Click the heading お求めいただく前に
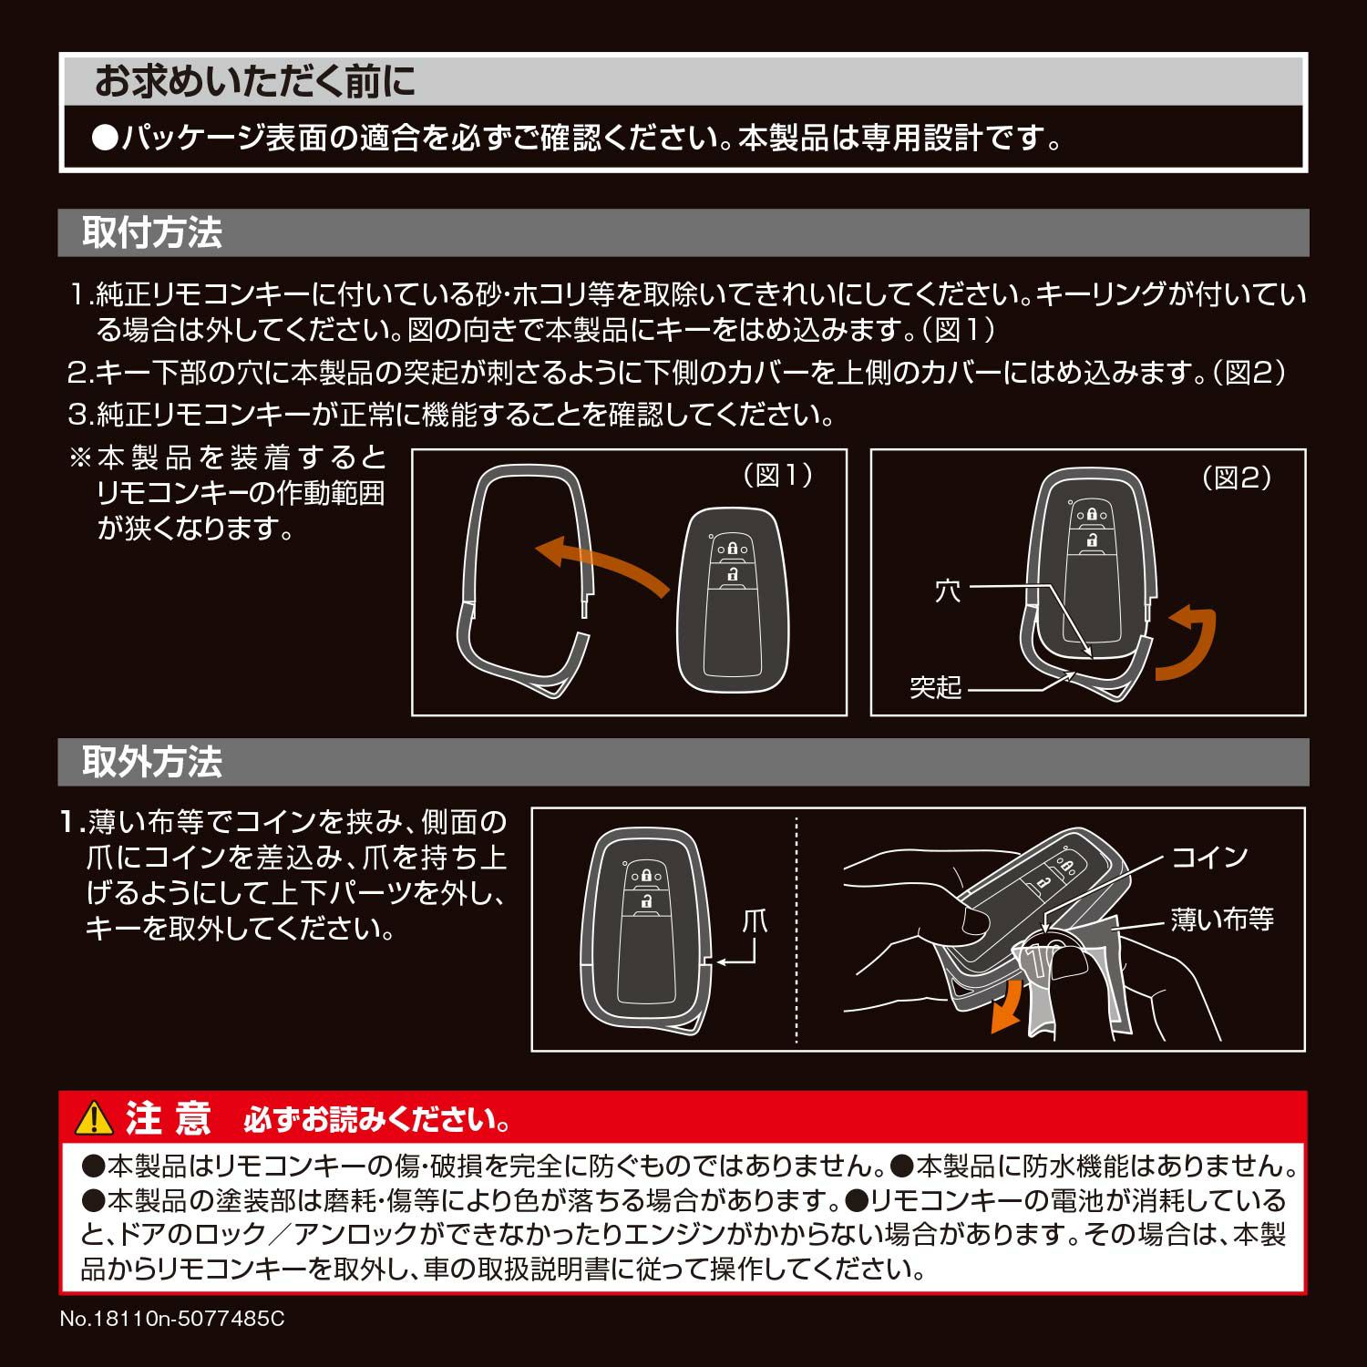tap(255, 82)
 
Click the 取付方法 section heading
tap(152, 232)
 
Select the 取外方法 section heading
tap(152, 762)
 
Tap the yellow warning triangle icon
tap(94, 1116)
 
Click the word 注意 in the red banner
tap(169, 1117)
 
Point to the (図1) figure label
tap(777, 475)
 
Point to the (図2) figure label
tap(1237, 477)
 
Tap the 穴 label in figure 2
tap(948, 591)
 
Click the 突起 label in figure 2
tap(936, 686)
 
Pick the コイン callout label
tap(1209, 857)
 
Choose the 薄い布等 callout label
tap(1222, 920)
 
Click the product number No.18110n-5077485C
tap(172, 1319)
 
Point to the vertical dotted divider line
tap(797, 930)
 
